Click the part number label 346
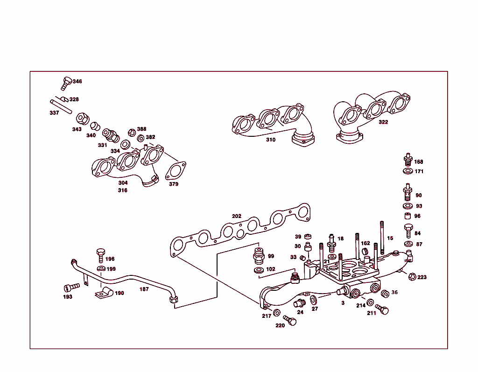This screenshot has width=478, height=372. pyautogui.click(x=77, y=81)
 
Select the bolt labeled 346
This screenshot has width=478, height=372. pyautogui.click(x=65, y=83)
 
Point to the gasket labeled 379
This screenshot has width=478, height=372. pyautogui.click(x=176, y=170)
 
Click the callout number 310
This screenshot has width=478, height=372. pyautogui.click(x=271, y=140)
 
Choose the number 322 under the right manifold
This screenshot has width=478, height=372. pyautogui.click(x=383, y=122)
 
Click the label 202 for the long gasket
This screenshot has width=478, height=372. pyautogui.click(x=237, y=216)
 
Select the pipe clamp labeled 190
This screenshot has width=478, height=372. pyautogui.click(x=103, y=294)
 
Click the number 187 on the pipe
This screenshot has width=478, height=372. pyautogui.click(x=144, y=289)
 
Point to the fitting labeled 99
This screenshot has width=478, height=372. pyautogui.click(x=259, y=256)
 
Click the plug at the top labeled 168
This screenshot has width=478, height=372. pyautogui.click(x=407, y=159)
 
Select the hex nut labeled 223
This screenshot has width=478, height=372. pyautogui.click(x=411, y=276)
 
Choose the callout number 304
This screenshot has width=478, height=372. pyautogui.click(x=123, y=183)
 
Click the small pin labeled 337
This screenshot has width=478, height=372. pyautogui.click(x=61, y=105)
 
